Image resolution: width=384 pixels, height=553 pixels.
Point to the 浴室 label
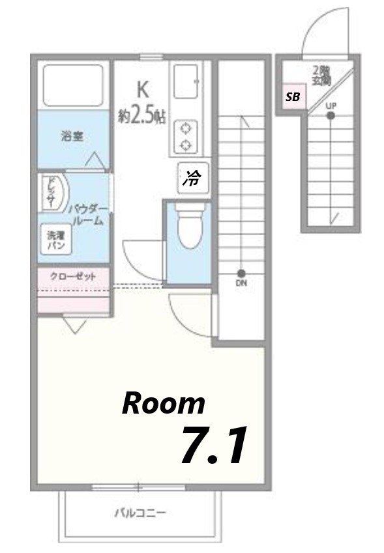[72, 137]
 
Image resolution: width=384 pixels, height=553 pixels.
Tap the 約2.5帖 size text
[141, 116]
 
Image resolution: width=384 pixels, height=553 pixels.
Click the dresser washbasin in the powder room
[51, 193]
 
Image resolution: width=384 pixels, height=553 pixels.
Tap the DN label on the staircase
[241, 283]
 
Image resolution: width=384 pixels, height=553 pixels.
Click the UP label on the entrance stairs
[331, 106]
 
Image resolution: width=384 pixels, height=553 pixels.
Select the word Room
[164, 404]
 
